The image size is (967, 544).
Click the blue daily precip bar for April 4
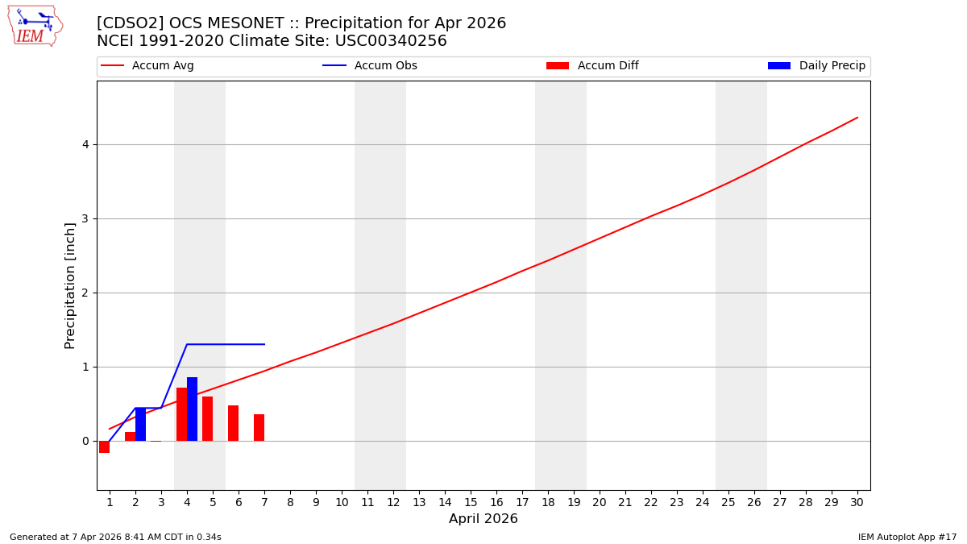(192, 409)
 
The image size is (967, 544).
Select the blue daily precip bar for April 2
(140, 424)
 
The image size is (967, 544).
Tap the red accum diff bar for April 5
(207, 418)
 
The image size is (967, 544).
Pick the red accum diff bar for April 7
(259, 427)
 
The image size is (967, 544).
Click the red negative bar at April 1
(104, 446)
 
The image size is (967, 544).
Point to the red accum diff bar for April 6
(233, 423)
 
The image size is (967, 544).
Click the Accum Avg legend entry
(147, 66)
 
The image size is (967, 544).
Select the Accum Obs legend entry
(370, 66)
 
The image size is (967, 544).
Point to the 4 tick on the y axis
(84, 145)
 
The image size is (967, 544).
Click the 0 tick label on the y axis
(84, 441)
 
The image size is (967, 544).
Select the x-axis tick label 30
(857, 502)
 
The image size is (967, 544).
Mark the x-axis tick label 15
(471, 502)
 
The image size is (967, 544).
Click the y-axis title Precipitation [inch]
(70, 285)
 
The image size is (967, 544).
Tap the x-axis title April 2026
(483, 519)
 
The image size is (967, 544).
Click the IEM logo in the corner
(35, 26)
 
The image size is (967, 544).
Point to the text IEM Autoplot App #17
(907, 537)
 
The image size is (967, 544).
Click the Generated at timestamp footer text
(115, 537)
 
